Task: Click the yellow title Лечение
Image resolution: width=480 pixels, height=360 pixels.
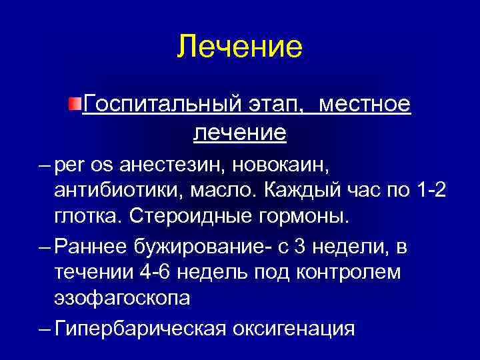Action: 240,47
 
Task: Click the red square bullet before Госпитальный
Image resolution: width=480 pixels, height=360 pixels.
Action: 76,104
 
